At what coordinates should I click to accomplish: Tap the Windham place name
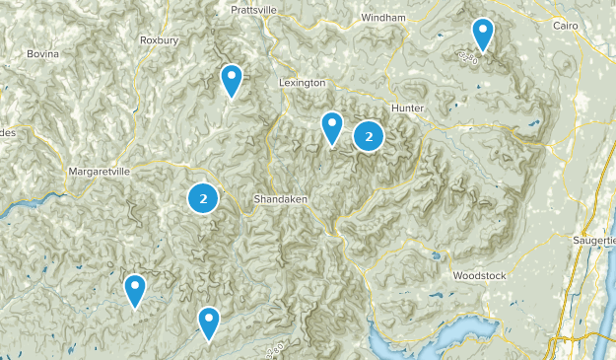click(x=383, y=19)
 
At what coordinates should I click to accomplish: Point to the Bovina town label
click(x=43, y=52)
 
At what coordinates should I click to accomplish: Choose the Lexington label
click(x=302, y=83)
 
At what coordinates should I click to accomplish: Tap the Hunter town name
click(x=407, y=107)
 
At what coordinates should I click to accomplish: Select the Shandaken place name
click(x=282, y=198)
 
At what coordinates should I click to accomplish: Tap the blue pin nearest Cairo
click(x=482, y=34)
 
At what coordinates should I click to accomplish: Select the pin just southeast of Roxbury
click(x=232, y=79)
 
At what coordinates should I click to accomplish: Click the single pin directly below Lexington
click(x=332, y=126)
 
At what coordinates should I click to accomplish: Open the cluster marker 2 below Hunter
click(x=369, y=137)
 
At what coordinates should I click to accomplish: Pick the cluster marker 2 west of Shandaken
click(x=203, y=199)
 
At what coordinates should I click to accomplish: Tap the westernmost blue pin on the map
click(x=135, y=290)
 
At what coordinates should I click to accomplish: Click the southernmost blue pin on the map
click(x=208, y=322)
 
